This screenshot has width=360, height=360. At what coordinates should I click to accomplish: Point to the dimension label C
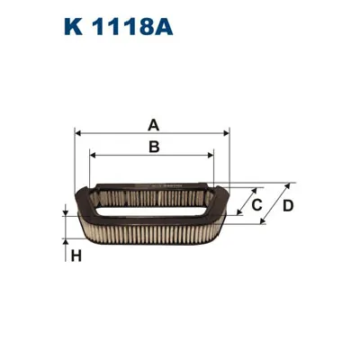click(256, 206)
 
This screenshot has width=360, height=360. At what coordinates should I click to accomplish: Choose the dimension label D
click(288, 206)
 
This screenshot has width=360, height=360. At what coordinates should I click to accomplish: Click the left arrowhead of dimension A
click(79, 132)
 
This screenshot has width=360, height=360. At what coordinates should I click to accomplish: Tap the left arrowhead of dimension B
click(94, 154)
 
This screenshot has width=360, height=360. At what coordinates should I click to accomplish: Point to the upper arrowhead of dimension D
click(289, 184)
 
